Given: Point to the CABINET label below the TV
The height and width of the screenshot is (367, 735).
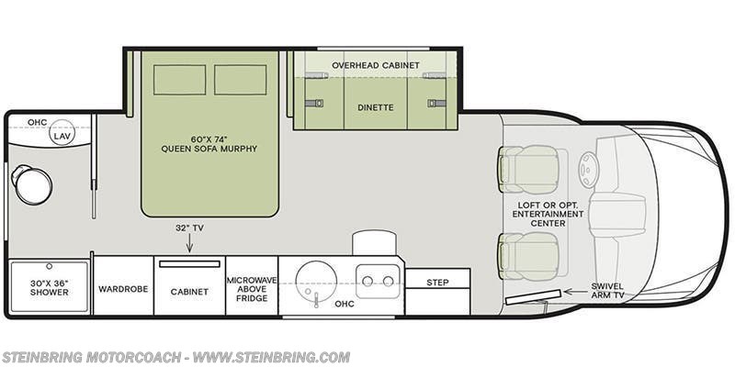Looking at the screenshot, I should point(190,291).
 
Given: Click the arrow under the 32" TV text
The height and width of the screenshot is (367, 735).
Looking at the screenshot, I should point(190,243).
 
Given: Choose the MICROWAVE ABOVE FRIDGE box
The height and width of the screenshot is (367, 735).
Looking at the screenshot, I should point(252,285).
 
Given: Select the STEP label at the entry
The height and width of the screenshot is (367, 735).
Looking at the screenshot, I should point(438,283).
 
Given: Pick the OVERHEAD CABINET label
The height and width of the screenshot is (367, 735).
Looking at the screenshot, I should point(375,66).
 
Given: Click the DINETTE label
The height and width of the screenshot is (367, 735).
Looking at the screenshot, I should point(375,107).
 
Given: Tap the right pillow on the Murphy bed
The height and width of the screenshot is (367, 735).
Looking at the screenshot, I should point(240,80).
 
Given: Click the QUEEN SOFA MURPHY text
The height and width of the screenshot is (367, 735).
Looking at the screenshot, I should point(209,149).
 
